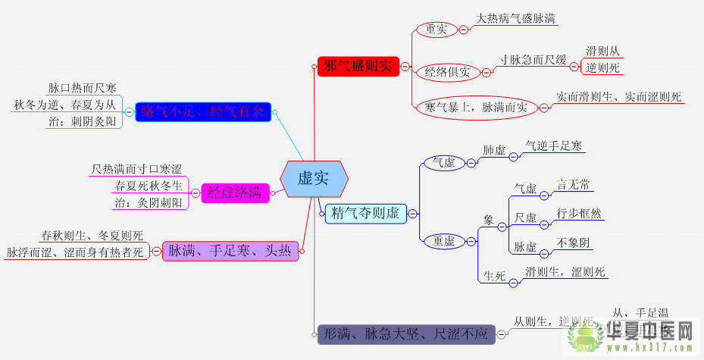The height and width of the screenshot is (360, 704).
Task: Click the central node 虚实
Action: (x=314, y=179)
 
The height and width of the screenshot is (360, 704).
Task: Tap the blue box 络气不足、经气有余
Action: (x=203, y=112)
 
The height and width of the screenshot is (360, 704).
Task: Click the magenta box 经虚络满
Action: (x=234, y=193)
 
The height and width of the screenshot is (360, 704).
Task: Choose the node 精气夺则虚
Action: (x=366, y=214)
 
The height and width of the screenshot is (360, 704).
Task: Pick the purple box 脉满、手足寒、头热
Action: (x=230, y=251)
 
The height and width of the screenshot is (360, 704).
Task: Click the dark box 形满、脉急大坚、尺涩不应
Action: (x=406, y=333)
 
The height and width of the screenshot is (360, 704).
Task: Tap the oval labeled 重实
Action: (x=436, y=29)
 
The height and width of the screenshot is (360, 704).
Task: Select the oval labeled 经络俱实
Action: (x=447, y=73)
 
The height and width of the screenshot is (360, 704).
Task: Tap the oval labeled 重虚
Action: (x=444, y=241)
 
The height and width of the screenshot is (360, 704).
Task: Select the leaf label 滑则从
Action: (x=603, y=52)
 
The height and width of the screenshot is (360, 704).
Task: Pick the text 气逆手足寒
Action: (x=555, y=145)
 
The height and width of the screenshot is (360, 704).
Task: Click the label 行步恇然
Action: (x=578, y=213)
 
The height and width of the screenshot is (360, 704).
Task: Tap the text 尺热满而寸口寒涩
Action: (x=136, y=168)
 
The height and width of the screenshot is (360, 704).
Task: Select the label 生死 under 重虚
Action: (x=494, y=276)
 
